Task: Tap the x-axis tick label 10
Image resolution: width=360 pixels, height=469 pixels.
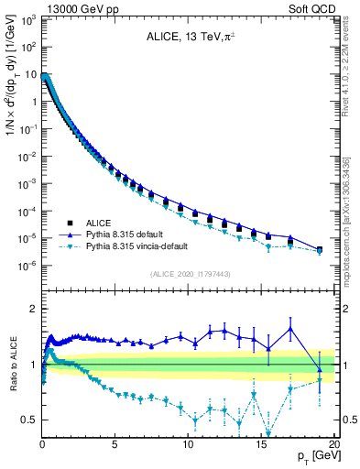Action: [187, 444]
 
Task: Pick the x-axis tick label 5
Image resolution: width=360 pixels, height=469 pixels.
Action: [115, 444]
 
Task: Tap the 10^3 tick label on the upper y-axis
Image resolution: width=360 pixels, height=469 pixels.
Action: [28, 20]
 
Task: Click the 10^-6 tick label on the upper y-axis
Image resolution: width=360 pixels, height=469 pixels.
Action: [28, 266]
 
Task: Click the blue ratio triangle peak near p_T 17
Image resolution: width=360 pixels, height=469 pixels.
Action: [290, 328]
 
